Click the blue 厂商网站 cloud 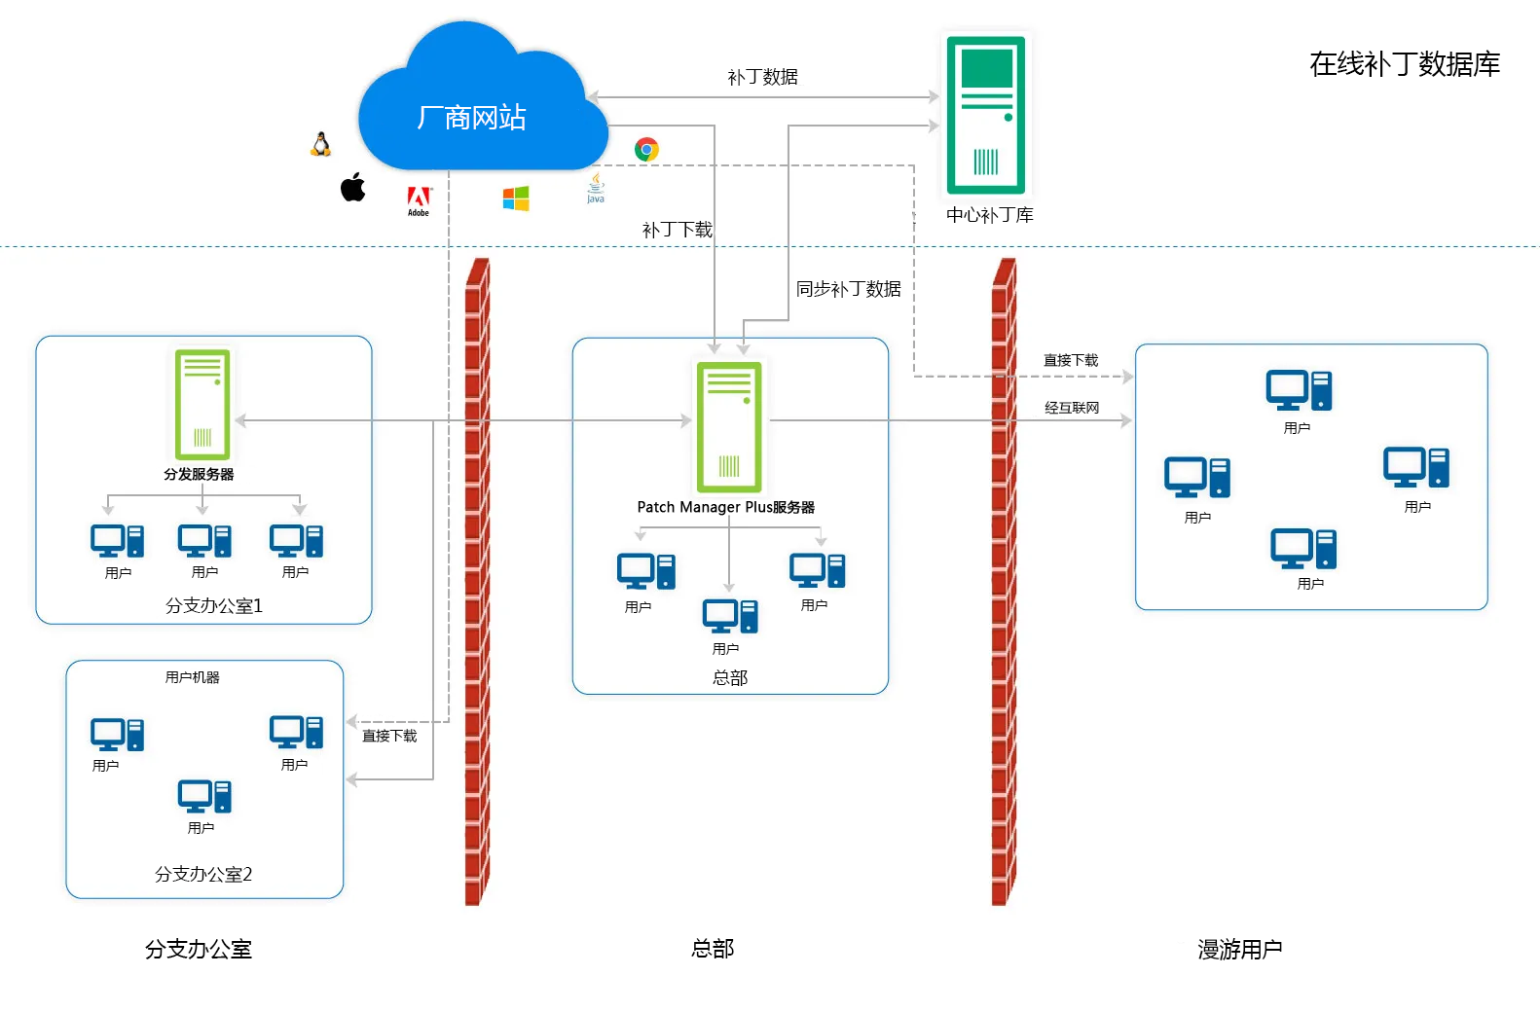pos(472,117)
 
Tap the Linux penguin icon pos(320,145)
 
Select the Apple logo pos(352,187)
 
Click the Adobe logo pos(419,199)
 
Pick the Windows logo pos(515,199)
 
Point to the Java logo pos(596,188)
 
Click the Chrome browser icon pos(646,149)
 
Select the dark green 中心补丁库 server pos(986,115)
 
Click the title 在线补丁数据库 pos(1404,64)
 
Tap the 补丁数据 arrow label pos(762,77)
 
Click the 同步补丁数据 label pos(848,289)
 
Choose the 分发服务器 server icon pos(202,404)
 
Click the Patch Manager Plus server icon pos(728,426)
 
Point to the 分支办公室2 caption pos(203,874)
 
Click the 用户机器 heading pos(192,677)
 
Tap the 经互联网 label pos(1071,408)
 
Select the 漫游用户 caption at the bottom pos(1239,949)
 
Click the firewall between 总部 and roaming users pos(1003,584)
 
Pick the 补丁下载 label pos(677,230)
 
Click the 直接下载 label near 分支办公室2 pos(389,736)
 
